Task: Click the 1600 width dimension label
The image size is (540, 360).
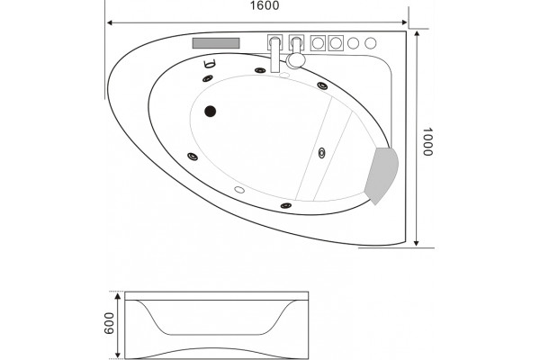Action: click(265, 5)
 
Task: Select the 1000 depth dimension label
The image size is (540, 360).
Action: click(427, 142)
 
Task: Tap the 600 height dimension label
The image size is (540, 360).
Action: click(109, 323)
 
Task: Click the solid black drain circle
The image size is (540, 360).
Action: click(210, 112)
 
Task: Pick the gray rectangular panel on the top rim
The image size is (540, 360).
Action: click(216, 43)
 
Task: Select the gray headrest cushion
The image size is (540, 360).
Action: click(382, 175)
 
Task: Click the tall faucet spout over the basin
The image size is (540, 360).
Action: click(274, 54)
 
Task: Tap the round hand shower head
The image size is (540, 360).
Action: click(296, 60)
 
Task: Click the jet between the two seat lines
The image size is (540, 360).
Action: click(321, 153)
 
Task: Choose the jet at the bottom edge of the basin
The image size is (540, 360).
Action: click(286, 206)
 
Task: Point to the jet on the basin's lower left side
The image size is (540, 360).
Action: click(193, 157)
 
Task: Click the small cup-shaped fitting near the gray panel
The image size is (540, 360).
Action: click(210, 63)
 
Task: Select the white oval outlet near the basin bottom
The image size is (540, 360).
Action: click(239, 190)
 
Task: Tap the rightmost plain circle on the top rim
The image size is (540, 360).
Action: click(371, 43)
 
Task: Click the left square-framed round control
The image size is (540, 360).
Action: click(318, 43)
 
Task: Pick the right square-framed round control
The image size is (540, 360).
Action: click(336, 43)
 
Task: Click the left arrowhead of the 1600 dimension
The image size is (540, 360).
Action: click(110, 23)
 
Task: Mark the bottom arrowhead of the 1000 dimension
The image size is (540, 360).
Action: click(417, 242)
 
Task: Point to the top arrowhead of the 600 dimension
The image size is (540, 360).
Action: click(118, 296)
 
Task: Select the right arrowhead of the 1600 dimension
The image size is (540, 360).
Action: click(404, 22)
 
